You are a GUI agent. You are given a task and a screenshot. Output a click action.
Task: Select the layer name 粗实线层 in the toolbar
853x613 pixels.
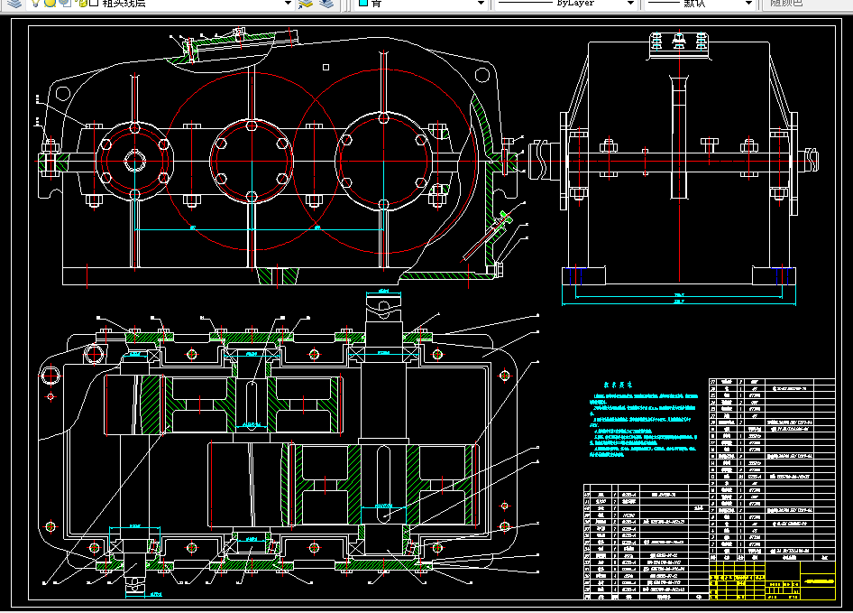pyautogui.click(x=125, y=4)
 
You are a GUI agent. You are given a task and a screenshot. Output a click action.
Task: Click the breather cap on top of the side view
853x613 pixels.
pyautogui.click(x=679, y=44)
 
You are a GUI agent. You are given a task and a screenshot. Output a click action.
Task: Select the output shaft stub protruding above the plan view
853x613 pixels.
pyautogui.click(x=383, y=311)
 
